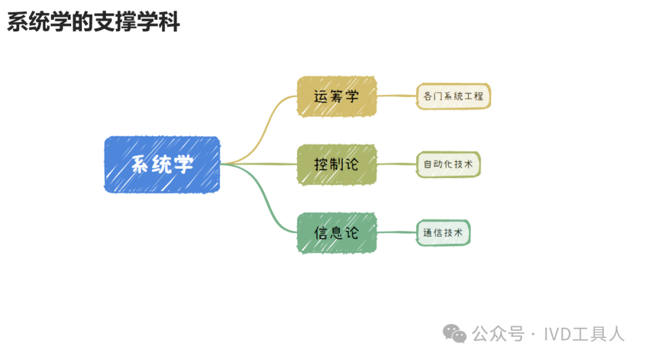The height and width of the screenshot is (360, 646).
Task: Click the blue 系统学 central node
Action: pos(162,164)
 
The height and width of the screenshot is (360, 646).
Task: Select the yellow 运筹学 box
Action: pos(337,96)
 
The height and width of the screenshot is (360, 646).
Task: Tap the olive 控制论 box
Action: pos(337,164)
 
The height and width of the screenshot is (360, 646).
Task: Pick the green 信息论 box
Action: pos(337,233)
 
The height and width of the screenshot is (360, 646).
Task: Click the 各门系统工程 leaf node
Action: pos(453,96)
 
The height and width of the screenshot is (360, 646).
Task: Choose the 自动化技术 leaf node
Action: pos(448,164)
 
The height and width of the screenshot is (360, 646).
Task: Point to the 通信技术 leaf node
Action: pos(443,233)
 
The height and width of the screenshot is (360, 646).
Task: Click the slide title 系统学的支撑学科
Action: pos(93,22)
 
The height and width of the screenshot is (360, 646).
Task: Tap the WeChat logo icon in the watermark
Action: pos(455,333)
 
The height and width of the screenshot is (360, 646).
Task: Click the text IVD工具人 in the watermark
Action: pos(584,334)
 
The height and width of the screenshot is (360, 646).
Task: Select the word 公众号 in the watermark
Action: pos(498,334)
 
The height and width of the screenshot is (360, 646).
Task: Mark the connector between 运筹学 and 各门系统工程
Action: pos(397,96)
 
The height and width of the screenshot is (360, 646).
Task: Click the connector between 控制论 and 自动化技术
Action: pos(397,164)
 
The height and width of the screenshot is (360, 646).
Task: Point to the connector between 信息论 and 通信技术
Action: pos(397,232)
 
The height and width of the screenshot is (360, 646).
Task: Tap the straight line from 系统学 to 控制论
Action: pos(259,164)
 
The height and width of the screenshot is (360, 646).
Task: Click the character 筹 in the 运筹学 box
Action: pos(336,96)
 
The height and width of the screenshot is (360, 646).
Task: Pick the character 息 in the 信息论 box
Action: pos(336,233)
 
